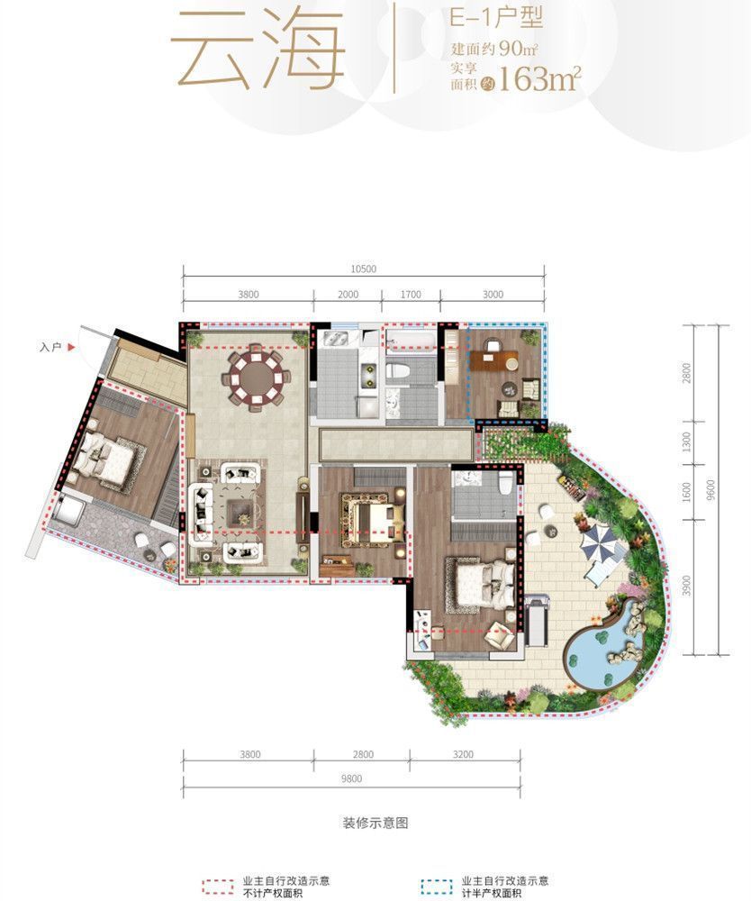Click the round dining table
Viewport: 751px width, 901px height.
(257, 378)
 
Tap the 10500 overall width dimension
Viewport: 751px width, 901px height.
(363, 268)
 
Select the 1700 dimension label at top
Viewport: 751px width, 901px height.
(411, 295)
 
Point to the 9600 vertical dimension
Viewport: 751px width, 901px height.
(711, 490)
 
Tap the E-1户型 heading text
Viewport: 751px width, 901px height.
(495, 18)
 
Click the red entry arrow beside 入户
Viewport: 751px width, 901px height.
(71, 347)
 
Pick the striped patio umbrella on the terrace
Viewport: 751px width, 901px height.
(597, 543)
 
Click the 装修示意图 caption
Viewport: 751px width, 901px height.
(375, 823)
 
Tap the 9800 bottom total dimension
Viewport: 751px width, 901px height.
(351, 778)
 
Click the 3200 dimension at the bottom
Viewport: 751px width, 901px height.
(463, 754)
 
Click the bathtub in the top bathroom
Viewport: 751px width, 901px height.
(412, 341)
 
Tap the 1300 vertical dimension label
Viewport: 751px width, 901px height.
(687, 441)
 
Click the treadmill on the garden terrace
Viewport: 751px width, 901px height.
(537, 621)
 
